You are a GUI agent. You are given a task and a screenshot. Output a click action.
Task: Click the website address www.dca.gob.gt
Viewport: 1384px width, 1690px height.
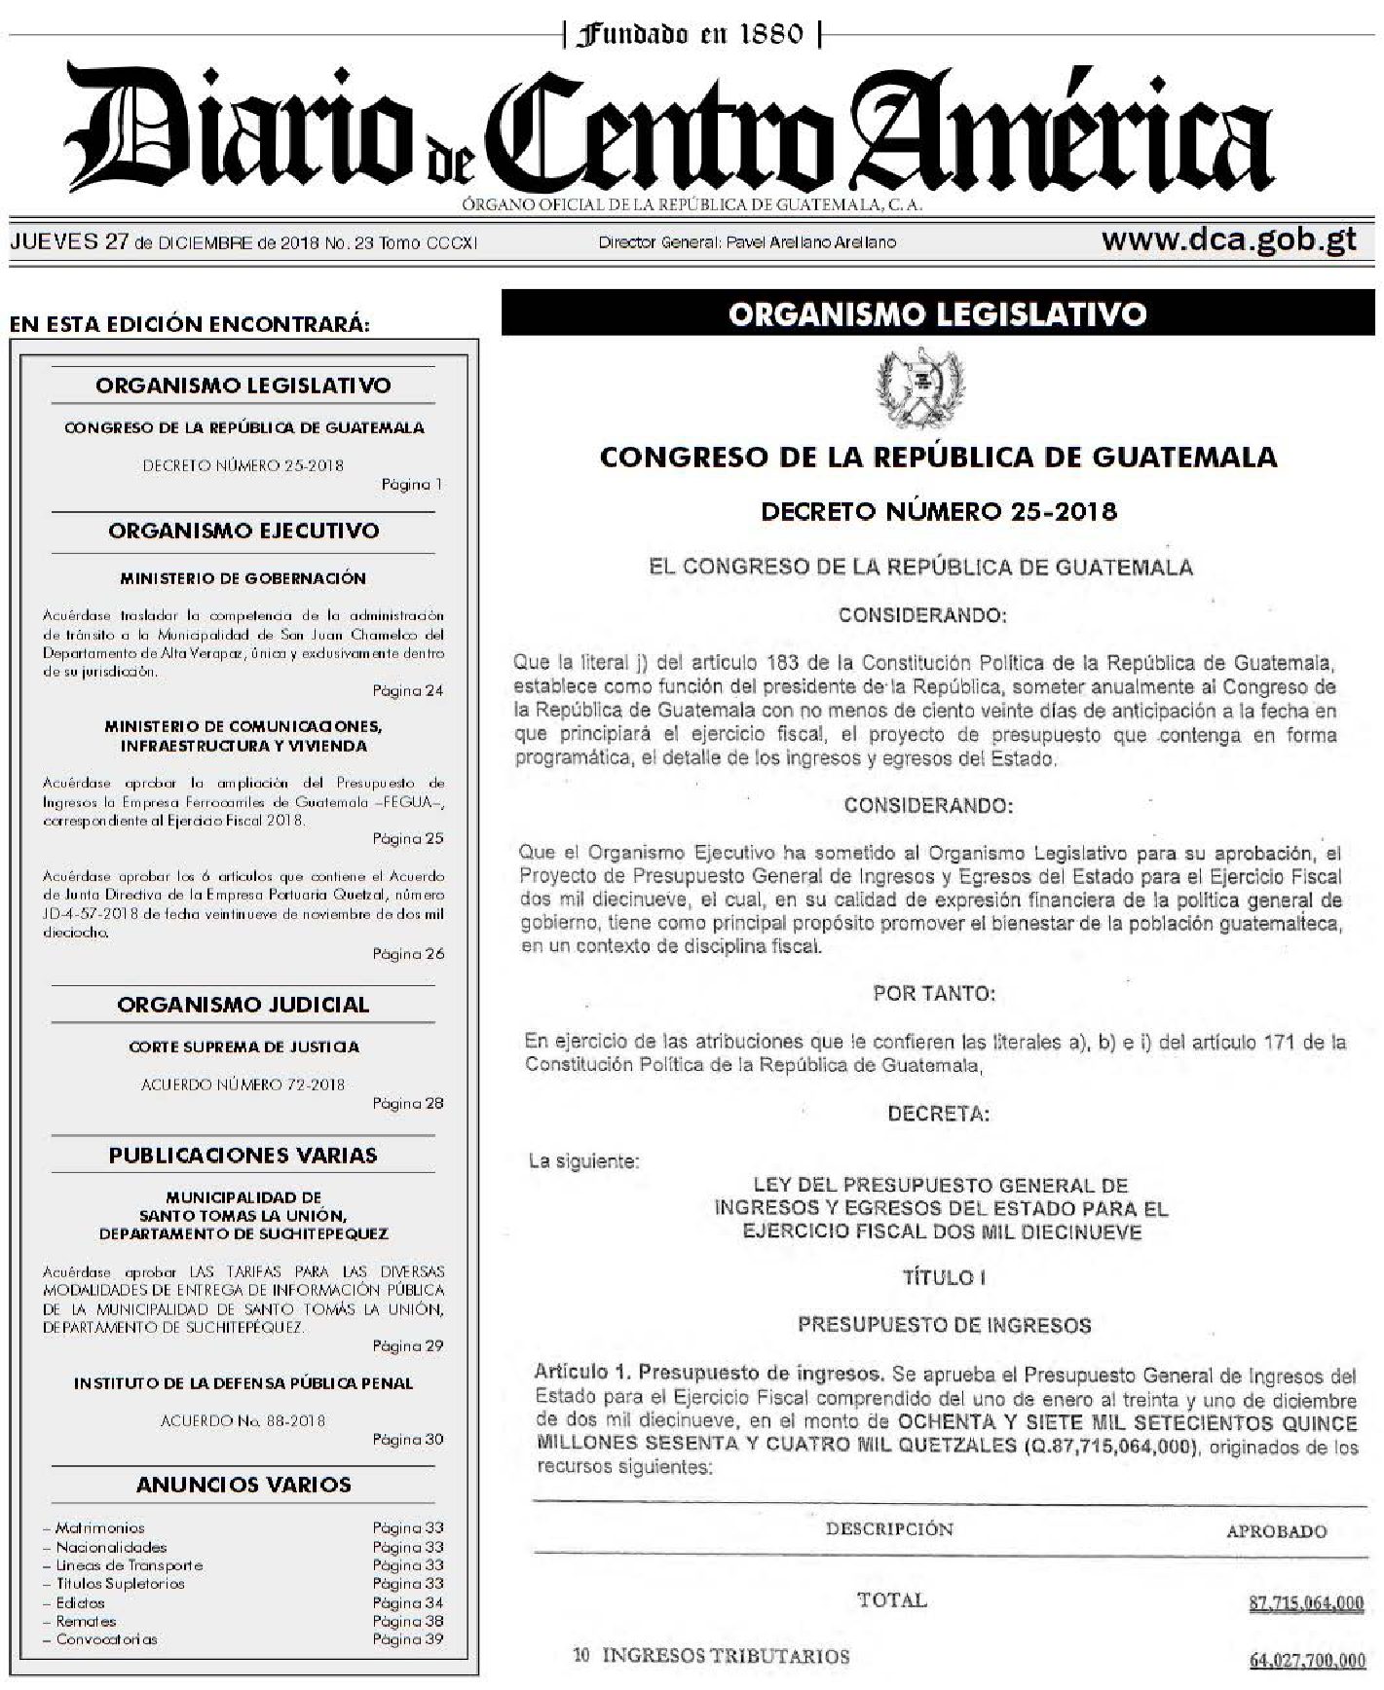[x=1229, y=240]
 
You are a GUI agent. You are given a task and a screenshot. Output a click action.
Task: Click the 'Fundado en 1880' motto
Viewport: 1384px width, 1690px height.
[x=692, y=35]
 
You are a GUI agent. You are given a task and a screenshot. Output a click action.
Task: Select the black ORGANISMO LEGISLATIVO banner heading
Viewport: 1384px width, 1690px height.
[x=937, y=314]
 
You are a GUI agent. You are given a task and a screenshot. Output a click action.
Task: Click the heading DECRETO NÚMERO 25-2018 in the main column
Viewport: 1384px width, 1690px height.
[x=938, y=511]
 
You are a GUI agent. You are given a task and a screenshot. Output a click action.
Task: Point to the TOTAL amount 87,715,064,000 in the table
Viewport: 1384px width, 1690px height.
[x=1305, y=1602]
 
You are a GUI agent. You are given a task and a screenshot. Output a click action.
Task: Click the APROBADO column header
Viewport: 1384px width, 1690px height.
[x=1276, y=1531]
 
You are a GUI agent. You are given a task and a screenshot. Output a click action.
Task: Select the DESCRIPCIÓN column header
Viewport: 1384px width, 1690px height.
[x=889, y=1528]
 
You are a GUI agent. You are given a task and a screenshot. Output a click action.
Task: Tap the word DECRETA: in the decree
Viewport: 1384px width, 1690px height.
[x=938, y=1115]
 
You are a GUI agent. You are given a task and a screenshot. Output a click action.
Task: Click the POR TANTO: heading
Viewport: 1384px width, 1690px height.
[x=934, y=994]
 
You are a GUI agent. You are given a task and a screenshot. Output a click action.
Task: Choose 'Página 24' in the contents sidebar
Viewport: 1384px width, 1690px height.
[x=407, y=691]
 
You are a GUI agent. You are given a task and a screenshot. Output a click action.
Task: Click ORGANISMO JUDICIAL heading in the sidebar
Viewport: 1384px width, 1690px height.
[x=243, y=1005]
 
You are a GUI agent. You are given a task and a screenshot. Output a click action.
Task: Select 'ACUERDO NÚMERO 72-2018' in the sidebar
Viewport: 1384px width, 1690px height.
[x=243, y=1084]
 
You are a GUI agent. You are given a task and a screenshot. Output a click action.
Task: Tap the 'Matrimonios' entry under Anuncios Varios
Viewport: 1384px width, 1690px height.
[x=99, y=1528]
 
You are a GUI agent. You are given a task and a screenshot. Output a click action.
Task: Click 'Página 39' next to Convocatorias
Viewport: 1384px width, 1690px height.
[x=407, y=1639]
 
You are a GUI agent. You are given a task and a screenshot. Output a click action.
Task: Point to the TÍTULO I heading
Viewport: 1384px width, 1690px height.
[x=939, y=1277]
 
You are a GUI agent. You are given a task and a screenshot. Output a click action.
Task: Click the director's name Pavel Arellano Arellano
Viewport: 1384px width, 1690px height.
[x=811, y=242]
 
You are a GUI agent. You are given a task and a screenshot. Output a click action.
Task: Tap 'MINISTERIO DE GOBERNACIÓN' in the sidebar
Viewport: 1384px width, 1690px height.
[x=243, y=578]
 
